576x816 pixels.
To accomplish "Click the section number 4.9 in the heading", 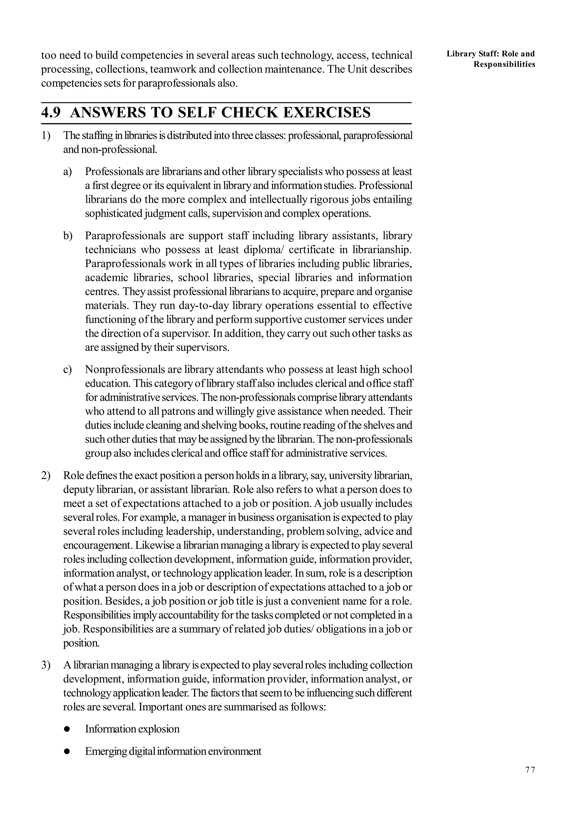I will (51, 113).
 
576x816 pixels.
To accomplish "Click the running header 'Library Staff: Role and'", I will (490, 54).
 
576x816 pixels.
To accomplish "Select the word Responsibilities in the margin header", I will (504, 64).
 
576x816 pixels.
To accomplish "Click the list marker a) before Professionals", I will (67, 172).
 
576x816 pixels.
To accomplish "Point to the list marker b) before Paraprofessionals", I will (67, 236).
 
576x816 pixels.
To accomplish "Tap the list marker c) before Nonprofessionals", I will (67, 370).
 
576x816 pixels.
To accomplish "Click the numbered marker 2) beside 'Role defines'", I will (46, 476).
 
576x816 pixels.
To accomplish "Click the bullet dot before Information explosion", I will (66, 729).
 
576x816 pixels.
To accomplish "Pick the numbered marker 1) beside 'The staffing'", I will (46, 136).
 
